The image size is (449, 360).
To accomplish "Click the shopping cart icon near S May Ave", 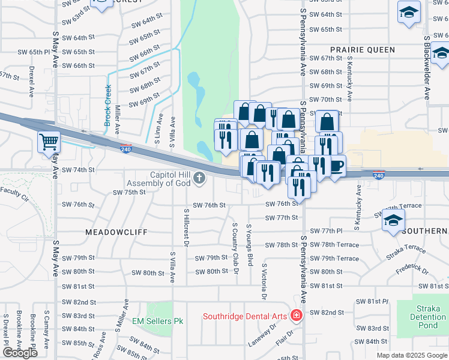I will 49,142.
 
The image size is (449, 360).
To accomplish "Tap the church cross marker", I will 199,178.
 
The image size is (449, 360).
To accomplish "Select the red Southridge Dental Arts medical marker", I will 295,315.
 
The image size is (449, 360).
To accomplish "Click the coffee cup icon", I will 336,165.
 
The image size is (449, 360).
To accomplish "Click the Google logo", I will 20,353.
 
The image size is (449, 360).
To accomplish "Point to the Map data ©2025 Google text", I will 412,355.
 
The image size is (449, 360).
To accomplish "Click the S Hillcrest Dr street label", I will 186,228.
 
